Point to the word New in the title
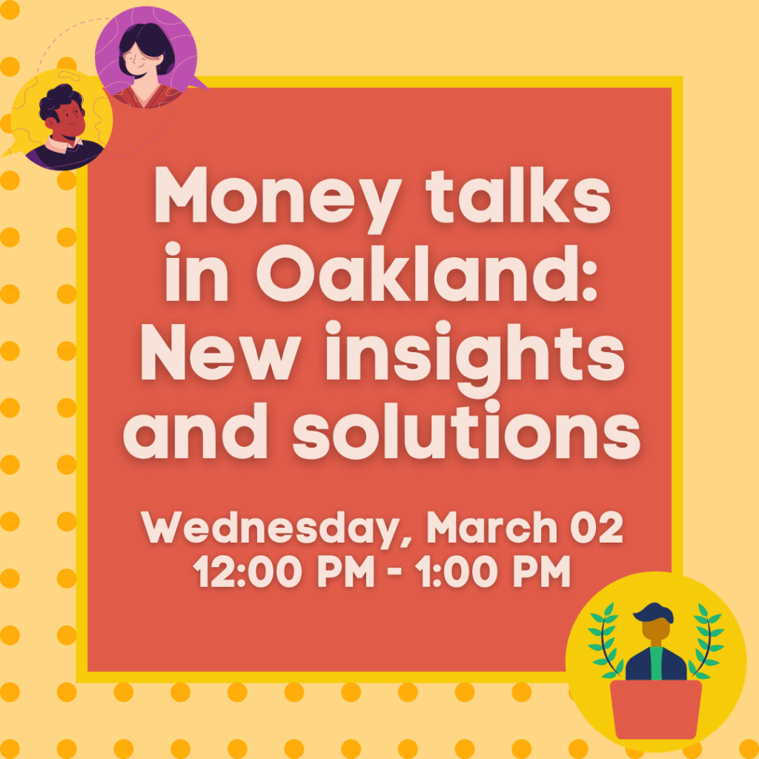point(217,352)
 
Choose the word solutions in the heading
point(465,431)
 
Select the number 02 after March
point(596,528)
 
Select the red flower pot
point(655,709)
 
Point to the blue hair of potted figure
point(653,613)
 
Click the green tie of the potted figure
point(656,663)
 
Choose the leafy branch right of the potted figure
point(707,640)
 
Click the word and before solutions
point(196,431)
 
